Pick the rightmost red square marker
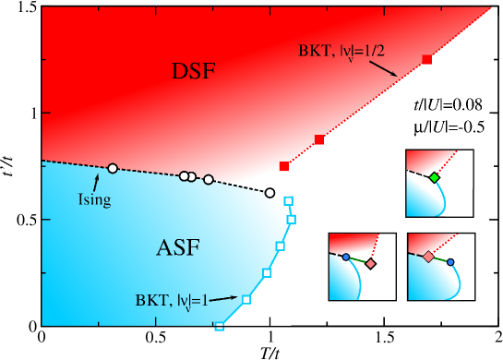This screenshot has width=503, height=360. (426, 59)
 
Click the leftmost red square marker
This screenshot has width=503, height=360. (284, 166)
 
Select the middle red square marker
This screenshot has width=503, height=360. (319, 139)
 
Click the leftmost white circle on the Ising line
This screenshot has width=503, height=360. (113, 168)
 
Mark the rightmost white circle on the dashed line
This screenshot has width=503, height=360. (269, 193)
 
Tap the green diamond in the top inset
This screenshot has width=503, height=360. (434, 176)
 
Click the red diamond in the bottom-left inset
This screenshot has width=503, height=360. (370, 264)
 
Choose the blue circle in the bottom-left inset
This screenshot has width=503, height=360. (346, 258)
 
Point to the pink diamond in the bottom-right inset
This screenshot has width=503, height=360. (427, 257)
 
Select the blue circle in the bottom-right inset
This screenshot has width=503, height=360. (450, 262)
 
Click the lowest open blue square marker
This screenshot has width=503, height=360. (219, 327)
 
